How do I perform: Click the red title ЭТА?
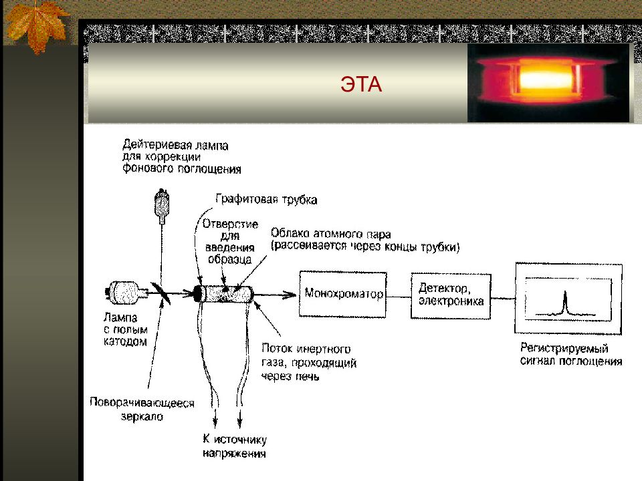click(x=361, y=84)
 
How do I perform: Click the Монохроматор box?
click(x=342, y=294)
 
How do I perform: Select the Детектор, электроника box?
click(x=451, y=296)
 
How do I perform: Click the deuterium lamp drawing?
click(x=162, y=205)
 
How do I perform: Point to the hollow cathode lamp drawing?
click(x=126, y=292)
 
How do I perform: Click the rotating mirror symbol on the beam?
click(x=161, y=293)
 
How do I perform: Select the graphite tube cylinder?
click(x=223, y=294)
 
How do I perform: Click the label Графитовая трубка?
click(x=266, y=199)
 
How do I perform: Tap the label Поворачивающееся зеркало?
click(x=142, y=410)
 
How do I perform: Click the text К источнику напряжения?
click(x=235, y=446)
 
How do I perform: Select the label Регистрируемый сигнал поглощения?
click(x=571, y=354)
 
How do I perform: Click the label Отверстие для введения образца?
click(x=230, y=241)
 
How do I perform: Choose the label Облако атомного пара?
click(x=331, y=234)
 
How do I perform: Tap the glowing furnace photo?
click(x=548, y=83)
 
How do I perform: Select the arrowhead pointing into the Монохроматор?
click(x=291, y=294)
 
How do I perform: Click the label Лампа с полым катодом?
click(x=126, y=329)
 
